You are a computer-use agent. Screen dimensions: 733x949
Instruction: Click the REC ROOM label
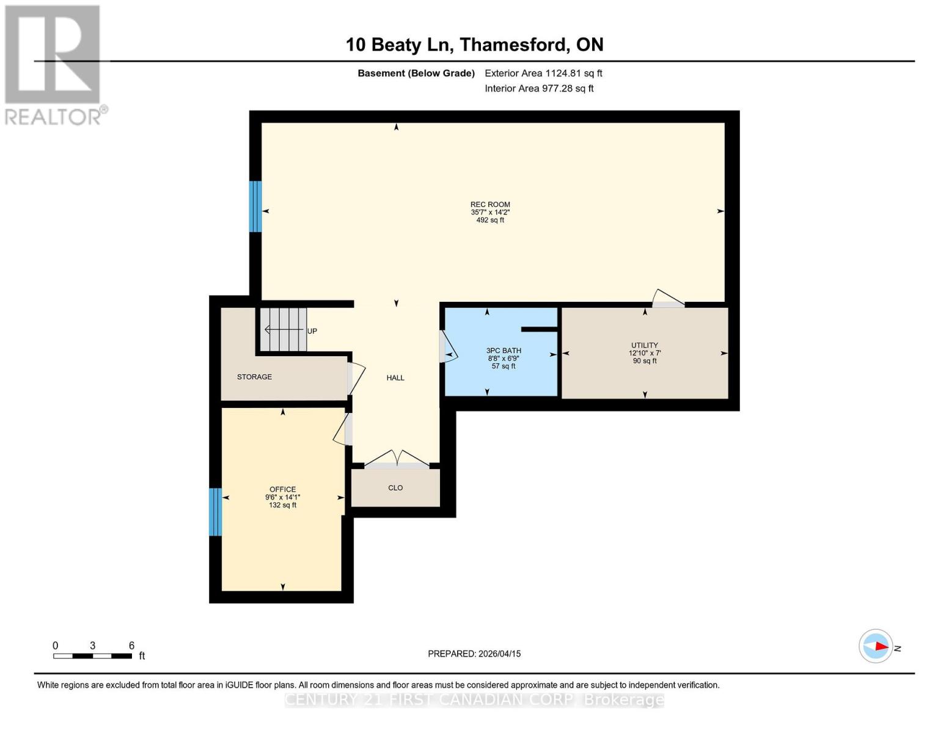490,205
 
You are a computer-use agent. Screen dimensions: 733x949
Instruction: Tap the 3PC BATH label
504,351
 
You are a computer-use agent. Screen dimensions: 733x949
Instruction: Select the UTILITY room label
645,345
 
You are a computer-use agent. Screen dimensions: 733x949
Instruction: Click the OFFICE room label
282,489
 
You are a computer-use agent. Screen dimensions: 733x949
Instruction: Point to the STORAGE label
254,377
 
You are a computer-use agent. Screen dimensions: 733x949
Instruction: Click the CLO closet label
395,488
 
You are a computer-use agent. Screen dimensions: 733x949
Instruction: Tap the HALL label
395,378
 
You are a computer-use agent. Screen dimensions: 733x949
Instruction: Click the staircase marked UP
285,330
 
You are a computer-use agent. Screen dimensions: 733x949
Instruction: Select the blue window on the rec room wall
255,206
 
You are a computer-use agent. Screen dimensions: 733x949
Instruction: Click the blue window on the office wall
215,512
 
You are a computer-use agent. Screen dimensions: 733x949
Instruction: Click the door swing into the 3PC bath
448,348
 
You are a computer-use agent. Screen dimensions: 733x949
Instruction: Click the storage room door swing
356,377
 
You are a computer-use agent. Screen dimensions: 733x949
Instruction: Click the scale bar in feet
92,656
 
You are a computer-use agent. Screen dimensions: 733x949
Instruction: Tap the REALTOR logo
54,64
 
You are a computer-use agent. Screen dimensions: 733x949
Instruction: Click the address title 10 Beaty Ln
474,45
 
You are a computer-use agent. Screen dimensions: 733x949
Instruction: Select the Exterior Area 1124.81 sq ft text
543,73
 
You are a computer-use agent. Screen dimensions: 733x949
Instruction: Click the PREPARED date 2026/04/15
474,654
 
